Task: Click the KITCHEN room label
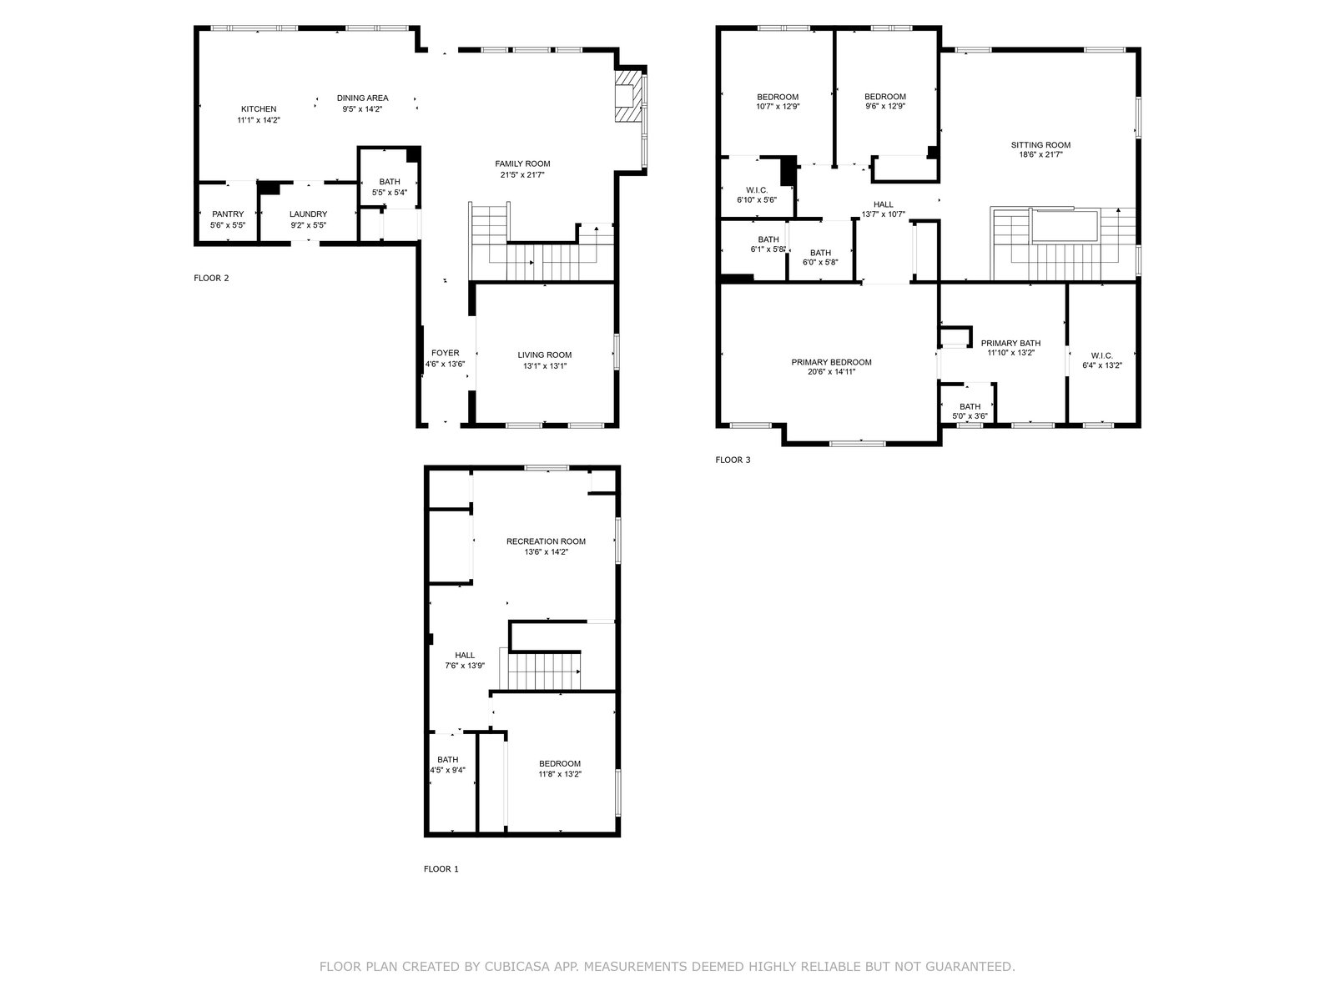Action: click(259, 109)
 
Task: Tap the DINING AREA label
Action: click(362, 98)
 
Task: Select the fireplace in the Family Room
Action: click(629, 97)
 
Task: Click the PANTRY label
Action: click(228, 214)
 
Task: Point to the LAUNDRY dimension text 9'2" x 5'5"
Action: click(309, 225)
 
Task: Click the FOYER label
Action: click(446, 353)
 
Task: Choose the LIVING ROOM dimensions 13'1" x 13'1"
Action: click(545, 366)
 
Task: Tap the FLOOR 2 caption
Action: click(211, 279)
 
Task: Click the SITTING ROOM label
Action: click(1040, 144)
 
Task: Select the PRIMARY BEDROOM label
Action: click(831, 362)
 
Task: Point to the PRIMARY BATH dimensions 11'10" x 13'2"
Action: click(1010, 353)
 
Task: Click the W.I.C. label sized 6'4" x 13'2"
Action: click(1102, 355)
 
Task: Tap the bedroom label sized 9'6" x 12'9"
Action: click(885, 97)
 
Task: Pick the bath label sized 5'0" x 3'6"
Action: click(970, 406)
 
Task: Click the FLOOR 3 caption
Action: click(733, 460)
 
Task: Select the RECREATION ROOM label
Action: click(547, 541)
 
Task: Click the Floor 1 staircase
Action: click(540, 670)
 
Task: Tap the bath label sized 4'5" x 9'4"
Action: click(447, 760)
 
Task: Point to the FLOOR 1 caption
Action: click(441, 869)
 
